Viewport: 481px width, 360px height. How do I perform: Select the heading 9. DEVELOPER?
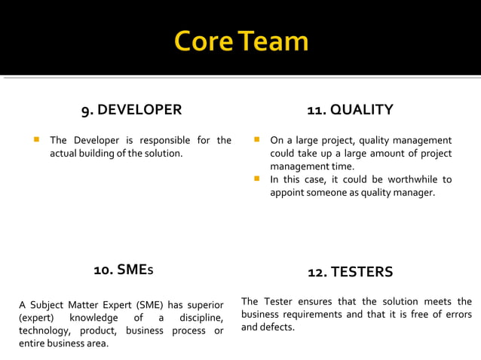pyautogui.click(x=132, y=110)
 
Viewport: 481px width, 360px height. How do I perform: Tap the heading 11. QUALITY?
pyautogui.click(x=350, y=110)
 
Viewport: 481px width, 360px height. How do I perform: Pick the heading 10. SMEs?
pyautogui.click(x=124, y=269)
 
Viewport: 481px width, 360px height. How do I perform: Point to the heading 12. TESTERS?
pyautogui.click(x=351, y=272)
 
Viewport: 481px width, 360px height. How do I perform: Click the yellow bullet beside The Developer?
pyautogui.click(x=35, y=140)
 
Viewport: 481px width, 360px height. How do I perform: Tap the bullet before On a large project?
pyautogui.click(x=256, y=140)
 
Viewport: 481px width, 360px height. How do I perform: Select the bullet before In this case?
pyautogui.click(x=256, y=179)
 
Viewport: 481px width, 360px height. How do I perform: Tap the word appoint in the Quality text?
pyautogui.click(x=289, y=193)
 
